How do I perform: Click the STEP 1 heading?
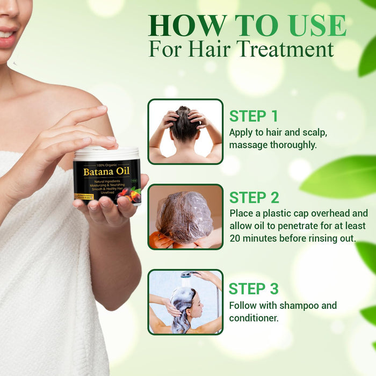pyautogui.click(x=254, y=116)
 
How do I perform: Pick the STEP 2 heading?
pyautogui.click(x=254, y=197)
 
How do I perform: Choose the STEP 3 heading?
pyautogui.click(x=254, y=288)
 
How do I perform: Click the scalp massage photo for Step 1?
pyautogui.click(x=185, y=132)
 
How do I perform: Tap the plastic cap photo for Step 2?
pyautogui.click(x=185, y=217)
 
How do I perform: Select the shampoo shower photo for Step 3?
pyautogui.click(x=185, y=302)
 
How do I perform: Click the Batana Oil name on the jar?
pyautogui.click(x=106, y=172)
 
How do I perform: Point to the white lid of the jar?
pyautogui.click(x=106, y=153)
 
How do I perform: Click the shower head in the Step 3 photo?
pyautogui.click(x=186, y=274)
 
